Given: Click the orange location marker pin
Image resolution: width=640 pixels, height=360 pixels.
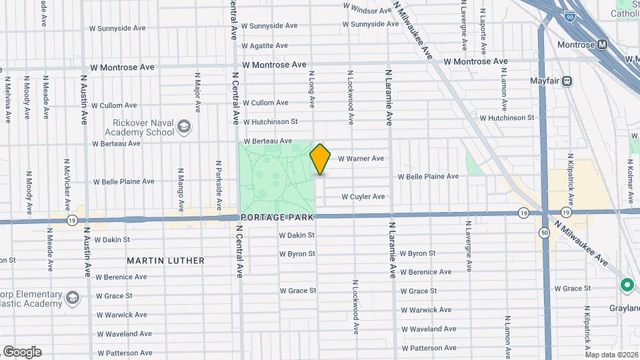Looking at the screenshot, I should (320, 159).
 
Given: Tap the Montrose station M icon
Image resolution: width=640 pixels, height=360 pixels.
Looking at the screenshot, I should (603, 44).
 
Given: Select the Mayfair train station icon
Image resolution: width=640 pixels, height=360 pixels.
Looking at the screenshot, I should (567, 81).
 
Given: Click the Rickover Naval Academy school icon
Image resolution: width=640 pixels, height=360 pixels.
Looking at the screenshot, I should (184, 125).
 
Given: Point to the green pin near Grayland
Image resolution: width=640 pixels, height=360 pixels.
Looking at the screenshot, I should (627, 285).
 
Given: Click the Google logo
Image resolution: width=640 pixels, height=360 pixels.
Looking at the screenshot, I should (22, 352).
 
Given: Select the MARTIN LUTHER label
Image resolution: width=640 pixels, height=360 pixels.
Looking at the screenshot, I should (165, 261).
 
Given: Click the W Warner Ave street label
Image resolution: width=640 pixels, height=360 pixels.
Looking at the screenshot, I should (361, 159).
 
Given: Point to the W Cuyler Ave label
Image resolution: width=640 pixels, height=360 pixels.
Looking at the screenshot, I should (363, 197).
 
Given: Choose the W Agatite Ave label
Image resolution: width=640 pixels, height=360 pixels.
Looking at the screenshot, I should (265, 45).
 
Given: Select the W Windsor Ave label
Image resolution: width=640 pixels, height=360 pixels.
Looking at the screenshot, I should (367, 10).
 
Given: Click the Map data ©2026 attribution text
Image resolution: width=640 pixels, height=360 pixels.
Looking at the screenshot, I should (611, 355).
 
